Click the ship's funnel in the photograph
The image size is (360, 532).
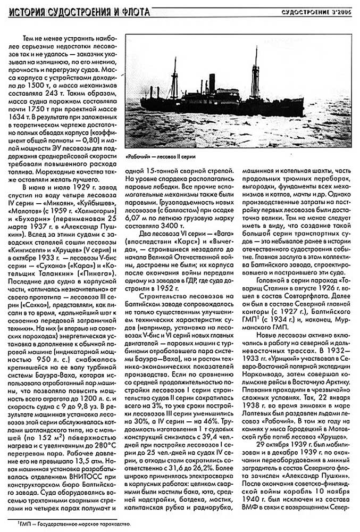click(x=211, y=85)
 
